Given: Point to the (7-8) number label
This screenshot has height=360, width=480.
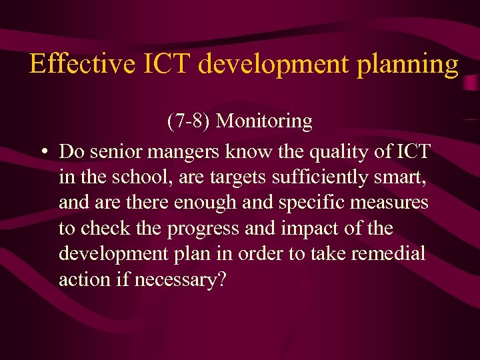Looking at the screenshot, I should [189, 121].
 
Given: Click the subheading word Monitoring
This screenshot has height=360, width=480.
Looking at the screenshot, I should [265, 122].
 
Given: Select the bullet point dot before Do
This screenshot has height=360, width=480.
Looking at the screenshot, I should [43, 152].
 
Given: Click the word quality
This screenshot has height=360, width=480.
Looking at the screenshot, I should [342, 153].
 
